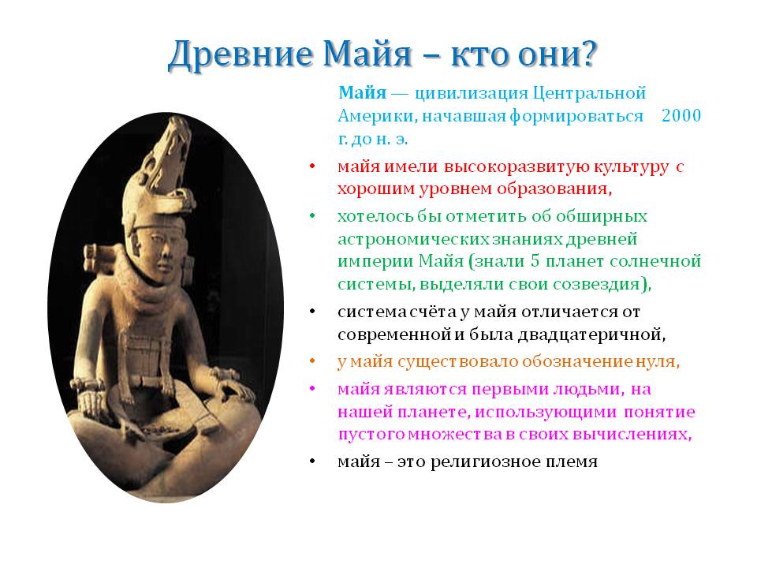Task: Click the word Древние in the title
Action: [x=240, y=54]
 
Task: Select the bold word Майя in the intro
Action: [x=362, y=92]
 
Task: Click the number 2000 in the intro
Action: [x=681, y=115]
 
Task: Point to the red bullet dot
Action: [x=312, y=166]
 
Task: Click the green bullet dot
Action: [x=312, y=216]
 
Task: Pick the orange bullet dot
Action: [x=312, y=361]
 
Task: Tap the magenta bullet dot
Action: [x=312, y=388]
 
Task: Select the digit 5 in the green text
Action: [x=535, y=261]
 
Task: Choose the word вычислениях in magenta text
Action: [x=632, y=434]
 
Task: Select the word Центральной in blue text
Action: [x=590, y=93]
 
